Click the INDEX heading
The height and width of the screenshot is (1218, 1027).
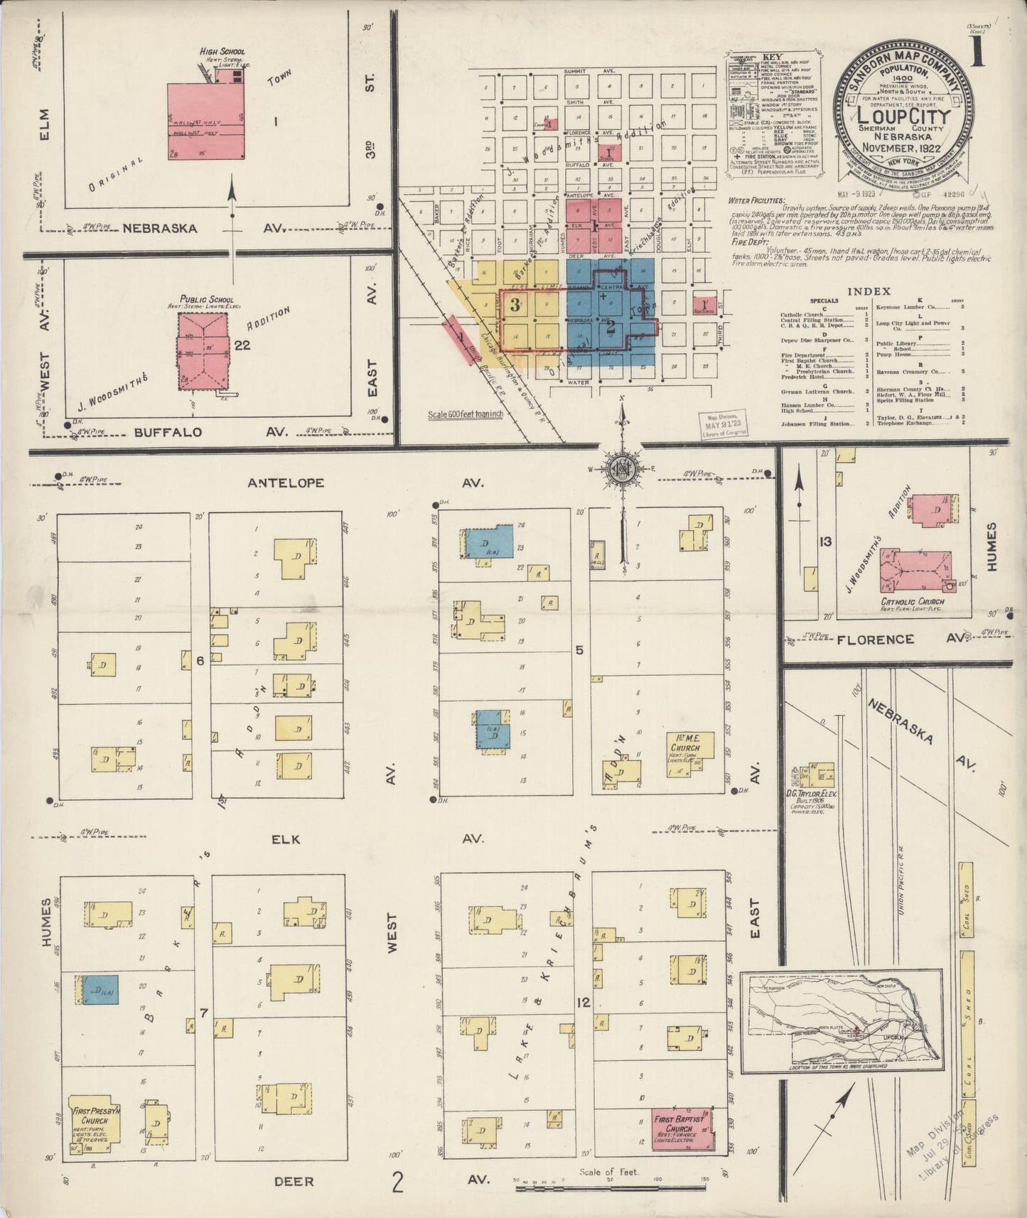click(869, 291)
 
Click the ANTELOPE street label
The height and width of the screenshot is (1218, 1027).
click(286, 483)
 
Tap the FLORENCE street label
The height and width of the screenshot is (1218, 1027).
click(874, 640)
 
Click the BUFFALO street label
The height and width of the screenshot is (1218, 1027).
click(168, 431)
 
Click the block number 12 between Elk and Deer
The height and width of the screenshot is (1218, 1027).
click(584, 1003)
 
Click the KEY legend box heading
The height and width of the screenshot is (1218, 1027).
click(772, 57)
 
